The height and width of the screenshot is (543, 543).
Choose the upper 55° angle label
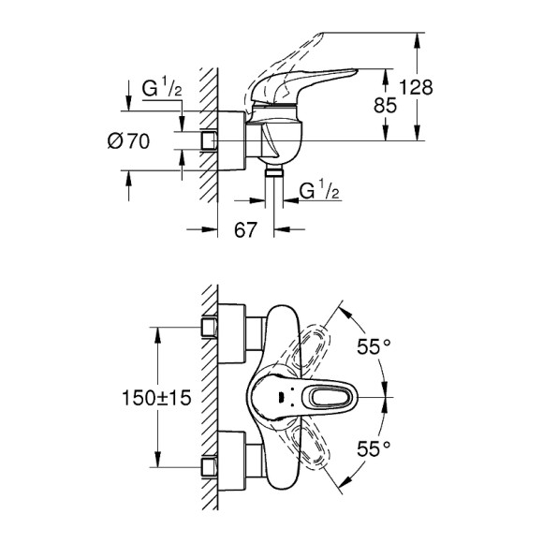click(x=373, y=347)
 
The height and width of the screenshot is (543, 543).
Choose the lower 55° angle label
click(x=373, y=448)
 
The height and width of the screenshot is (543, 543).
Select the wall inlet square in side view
click(x=210, y=141)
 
